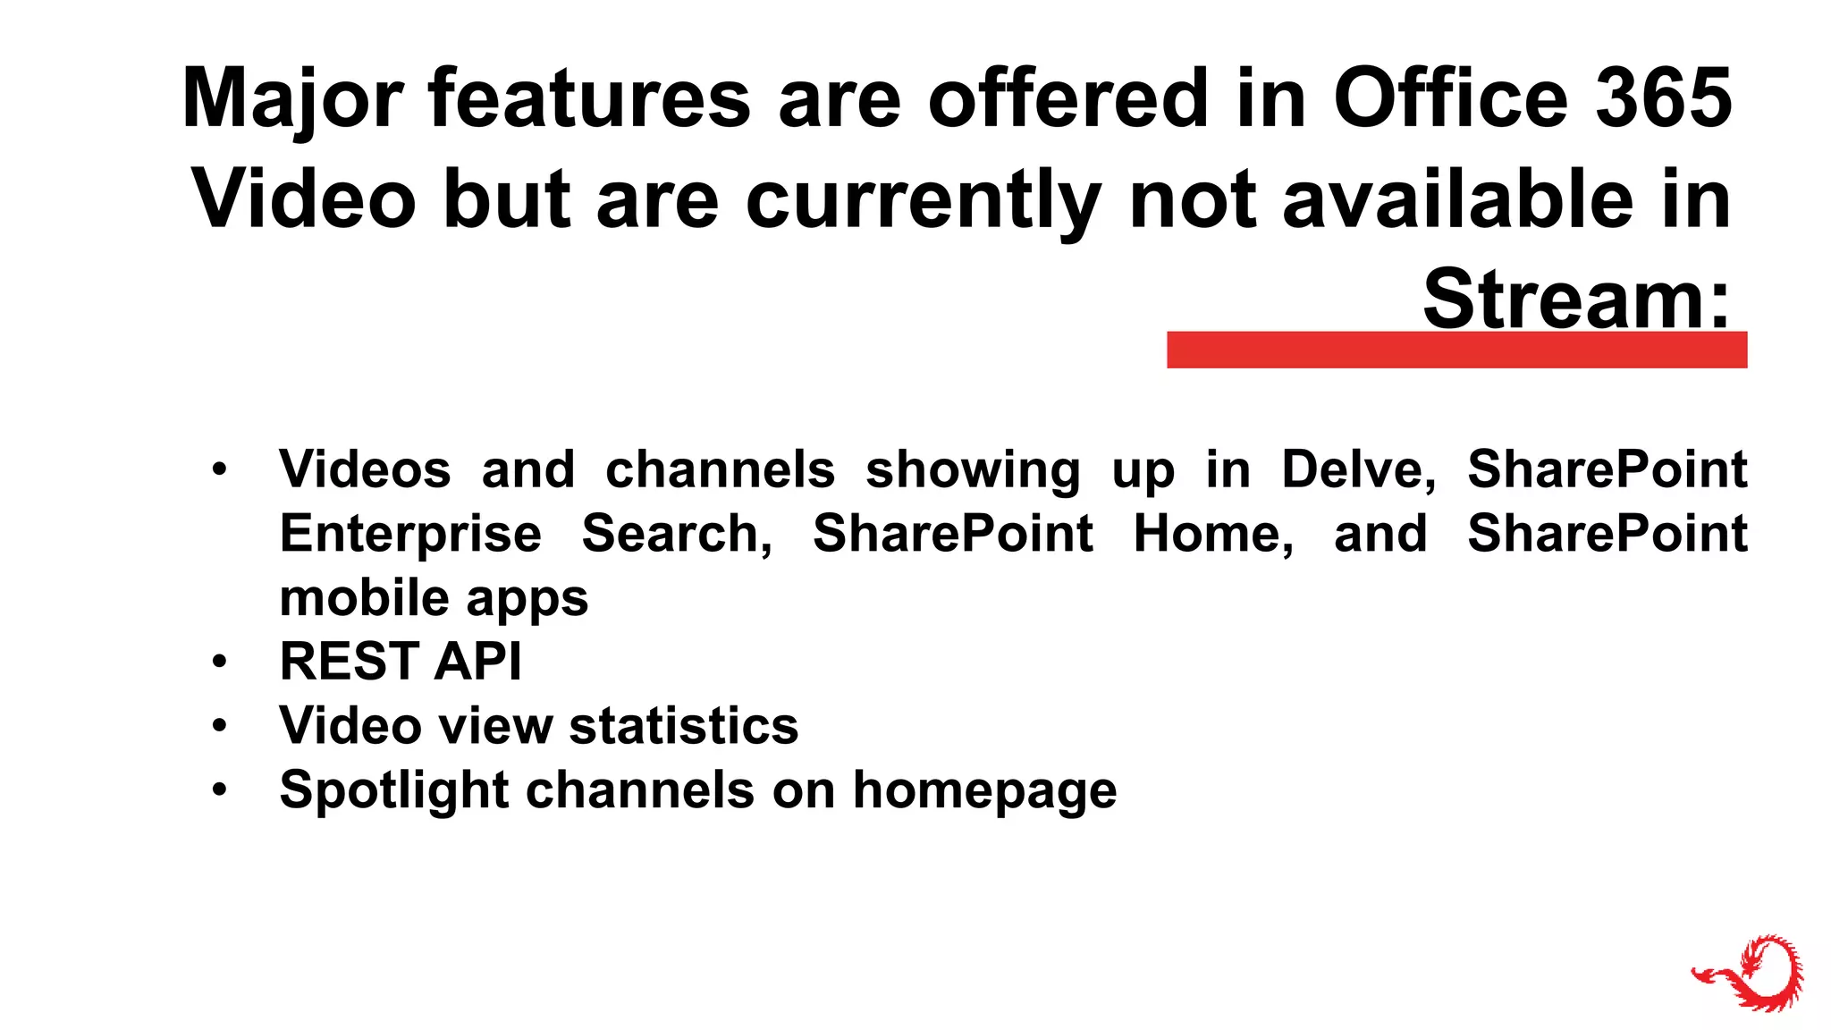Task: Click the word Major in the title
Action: pos(292,100)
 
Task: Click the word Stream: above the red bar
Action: pos(1576,300)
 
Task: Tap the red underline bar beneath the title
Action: pos(1456,350)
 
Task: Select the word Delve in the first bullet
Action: pos(1358,469)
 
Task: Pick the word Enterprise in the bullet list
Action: pos(410,534)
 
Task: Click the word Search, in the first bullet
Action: pos(677,534)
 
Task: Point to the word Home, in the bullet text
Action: pos(1213,534)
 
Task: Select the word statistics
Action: pos(684,725)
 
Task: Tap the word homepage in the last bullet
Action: pos(984,790)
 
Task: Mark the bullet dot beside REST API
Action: pos(220,663)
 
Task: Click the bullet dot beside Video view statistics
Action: pos(220,726)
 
